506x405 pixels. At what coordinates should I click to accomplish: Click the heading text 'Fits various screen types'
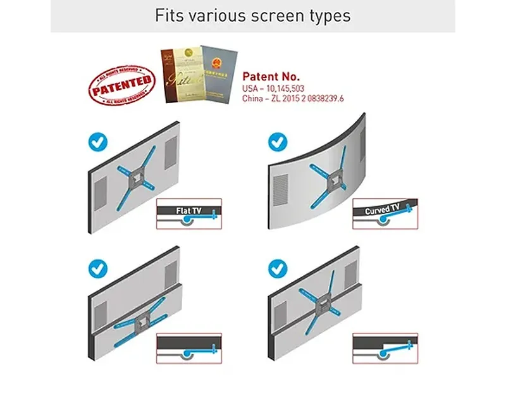tap(253, 15)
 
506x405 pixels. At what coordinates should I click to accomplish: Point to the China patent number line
tap(293, 99)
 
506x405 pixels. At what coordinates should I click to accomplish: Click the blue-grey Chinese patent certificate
tap(216, 74)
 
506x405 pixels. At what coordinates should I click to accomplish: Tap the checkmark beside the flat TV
tap(97, 141)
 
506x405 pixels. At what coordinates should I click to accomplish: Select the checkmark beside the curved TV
tap(278, 141)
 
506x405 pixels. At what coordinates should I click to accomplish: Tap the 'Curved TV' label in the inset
tap(381, 209)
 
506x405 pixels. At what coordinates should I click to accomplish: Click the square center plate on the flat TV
tap(137, 178)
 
